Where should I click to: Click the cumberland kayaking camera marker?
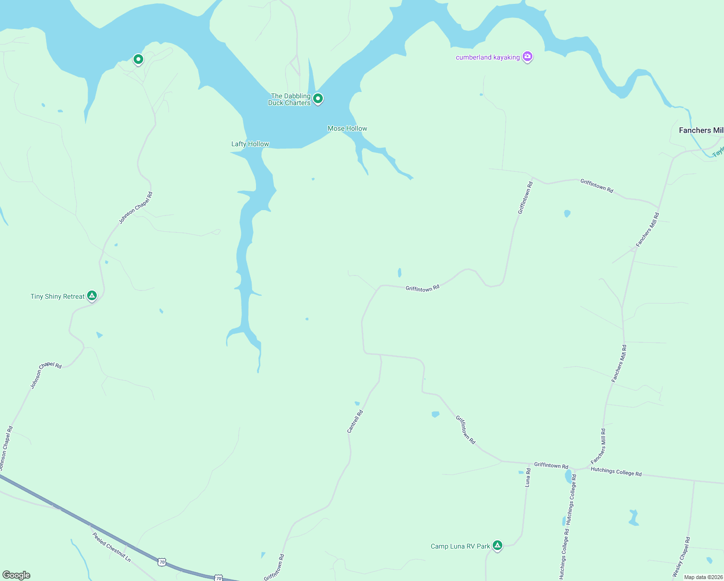pos(528,57)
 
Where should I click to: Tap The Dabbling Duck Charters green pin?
pos(318,99)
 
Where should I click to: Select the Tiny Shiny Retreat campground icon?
pos(92,295)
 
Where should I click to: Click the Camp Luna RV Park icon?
pos(497,546)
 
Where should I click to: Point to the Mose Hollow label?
pos(347,128)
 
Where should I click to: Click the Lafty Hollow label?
pos(250,144)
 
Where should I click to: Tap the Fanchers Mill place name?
pos(700,130)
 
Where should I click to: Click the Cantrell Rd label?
pos(355,421)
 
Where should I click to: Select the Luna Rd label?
pos(528,477)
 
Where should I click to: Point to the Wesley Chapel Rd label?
pos(681,556)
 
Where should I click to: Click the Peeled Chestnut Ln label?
pos(111,547)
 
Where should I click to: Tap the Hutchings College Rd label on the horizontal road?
pos(616,472)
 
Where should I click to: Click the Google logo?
pos(16,575)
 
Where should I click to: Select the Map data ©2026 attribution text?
pos(703,577)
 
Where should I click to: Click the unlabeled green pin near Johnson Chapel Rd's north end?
pos(138,60)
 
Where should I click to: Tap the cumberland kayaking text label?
pos(487,57)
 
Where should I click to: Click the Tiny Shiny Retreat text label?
pos(58,296)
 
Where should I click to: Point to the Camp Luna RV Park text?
pos(460,546)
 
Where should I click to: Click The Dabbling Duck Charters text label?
pos(289,99)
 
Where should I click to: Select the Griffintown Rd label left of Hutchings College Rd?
pos(551,465)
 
